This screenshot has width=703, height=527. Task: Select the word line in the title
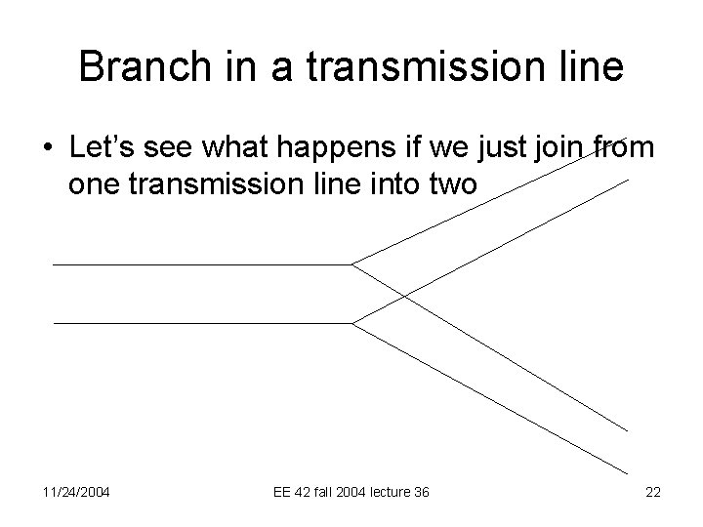point(586,67)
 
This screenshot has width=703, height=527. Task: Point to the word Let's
point(103,149)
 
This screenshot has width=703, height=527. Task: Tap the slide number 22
point(653,493)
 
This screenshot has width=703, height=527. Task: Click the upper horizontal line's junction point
point(351,264)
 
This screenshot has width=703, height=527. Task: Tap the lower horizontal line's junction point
point(351,323)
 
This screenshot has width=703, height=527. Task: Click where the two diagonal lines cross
point(403,294)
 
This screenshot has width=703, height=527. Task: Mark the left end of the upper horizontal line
point(54,264)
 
